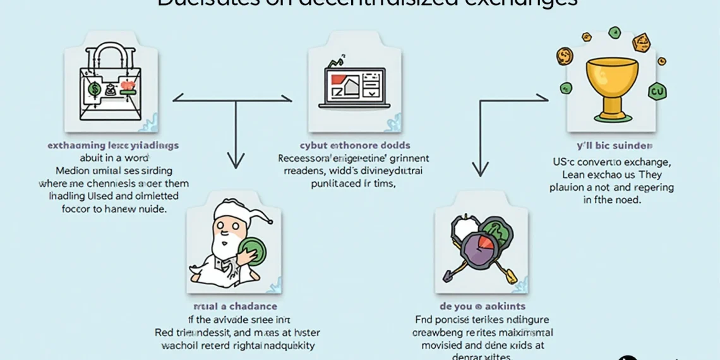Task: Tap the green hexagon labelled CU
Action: (x=657, y=92)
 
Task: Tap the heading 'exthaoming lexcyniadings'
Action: (x=113, y=145)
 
